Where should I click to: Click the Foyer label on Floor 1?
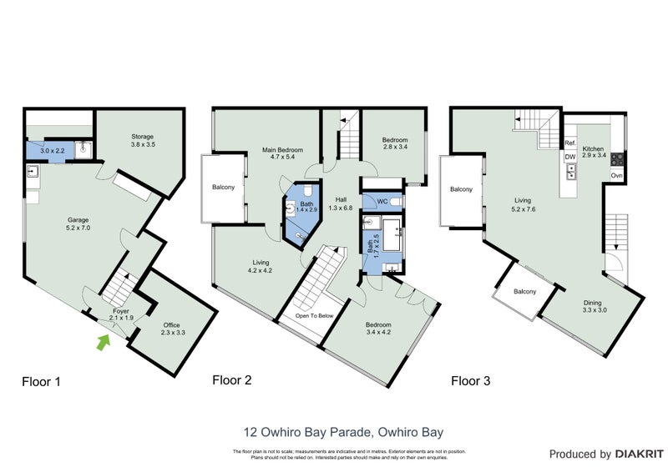tap(122, 314)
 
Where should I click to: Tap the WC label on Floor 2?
tap(382, 201)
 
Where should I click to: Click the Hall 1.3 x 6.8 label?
tap(342, 204)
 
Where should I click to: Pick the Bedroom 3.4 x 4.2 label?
tap(378, 329)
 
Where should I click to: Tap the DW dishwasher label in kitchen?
tap(569, 157)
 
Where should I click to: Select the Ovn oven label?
tap(616, 176)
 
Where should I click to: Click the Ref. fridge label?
tap(570, 143)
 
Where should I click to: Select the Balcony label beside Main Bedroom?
tap(223, 188)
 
